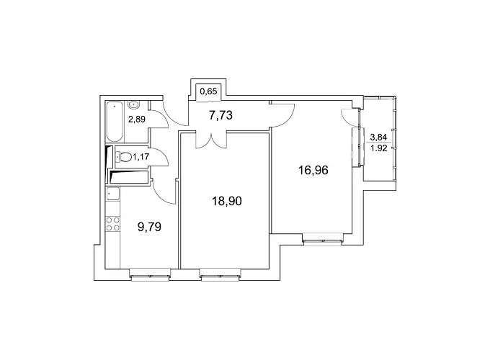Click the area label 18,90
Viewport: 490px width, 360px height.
[227, 201]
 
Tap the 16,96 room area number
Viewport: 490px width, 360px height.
[313, 171]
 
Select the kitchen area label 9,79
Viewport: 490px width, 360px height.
[149, 227]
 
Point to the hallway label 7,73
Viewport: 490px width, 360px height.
[221, 115]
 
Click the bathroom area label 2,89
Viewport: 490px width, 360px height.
[137, 119]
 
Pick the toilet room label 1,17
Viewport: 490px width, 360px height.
[141, 157]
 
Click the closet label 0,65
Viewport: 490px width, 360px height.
[208, 91]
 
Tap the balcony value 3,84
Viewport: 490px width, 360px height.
[378, 137]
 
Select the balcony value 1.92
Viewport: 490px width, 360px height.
[379, 148]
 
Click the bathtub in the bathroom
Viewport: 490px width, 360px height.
[115, 122]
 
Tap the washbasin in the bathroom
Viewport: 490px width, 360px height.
[134, 105]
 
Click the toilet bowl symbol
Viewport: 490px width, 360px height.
[124, 157]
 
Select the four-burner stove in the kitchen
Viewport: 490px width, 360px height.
[113, 223]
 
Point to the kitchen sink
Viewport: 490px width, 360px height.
[113, 194]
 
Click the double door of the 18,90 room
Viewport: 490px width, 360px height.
[211, 140]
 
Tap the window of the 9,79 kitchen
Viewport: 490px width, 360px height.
[151, 274]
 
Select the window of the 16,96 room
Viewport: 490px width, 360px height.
[323, 239]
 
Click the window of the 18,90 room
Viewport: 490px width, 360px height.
[220, 274]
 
